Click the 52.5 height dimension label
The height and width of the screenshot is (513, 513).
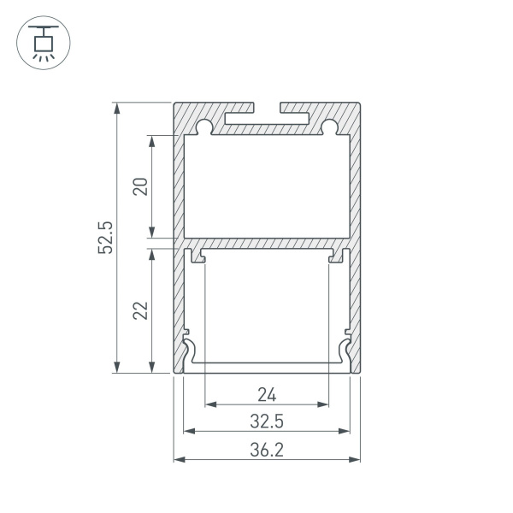pos(105,238)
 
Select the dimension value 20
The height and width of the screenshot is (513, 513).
pos(140,186)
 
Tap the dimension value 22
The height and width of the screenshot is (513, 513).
pos(140,310)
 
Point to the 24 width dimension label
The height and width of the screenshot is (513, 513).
pos(267,394)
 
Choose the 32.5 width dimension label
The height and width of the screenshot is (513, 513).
pos(267,421)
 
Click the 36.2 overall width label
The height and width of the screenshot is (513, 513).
pos(267,450)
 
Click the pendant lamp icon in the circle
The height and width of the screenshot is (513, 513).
pos(44,43)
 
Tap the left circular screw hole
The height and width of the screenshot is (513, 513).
pos(204,127)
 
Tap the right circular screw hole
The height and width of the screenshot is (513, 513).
pos(329,127)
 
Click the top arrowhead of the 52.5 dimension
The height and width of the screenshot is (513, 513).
pos(117,108)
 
